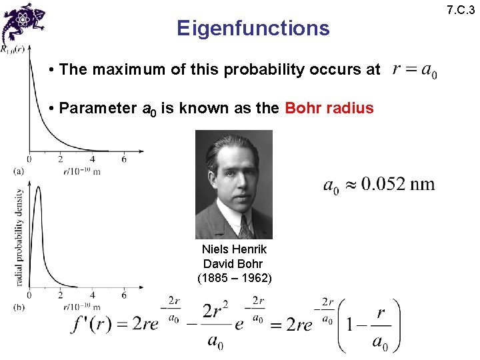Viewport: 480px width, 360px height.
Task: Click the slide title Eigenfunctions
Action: click(x=253, y=28)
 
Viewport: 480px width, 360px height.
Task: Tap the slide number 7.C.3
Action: click(x=461, y=9)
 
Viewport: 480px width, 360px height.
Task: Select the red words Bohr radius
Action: click(x=329, y=108)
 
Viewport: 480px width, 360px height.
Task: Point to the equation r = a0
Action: click(x=415, y=69)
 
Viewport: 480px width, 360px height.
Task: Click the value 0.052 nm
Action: click(x=397, y=184)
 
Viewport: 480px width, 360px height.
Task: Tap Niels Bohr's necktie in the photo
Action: click(x=244, y=227)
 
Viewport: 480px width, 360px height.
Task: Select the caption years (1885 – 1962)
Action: click(x=234, y=278)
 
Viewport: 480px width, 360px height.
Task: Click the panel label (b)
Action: click(x=19, y=307)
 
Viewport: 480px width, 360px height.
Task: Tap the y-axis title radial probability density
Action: click(x=19, y=237)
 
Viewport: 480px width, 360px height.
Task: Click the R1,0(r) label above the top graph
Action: click(x=13, y=49)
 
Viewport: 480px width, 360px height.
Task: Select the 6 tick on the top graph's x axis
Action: click(x=124, y=159)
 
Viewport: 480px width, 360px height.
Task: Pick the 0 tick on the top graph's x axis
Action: click(x=29, y=159)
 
